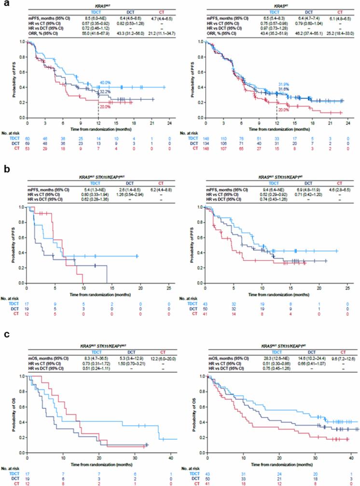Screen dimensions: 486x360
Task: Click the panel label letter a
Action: tap(3, 3)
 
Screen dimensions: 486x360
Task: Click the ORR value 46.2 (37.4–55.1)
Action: tap(302, 32)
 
